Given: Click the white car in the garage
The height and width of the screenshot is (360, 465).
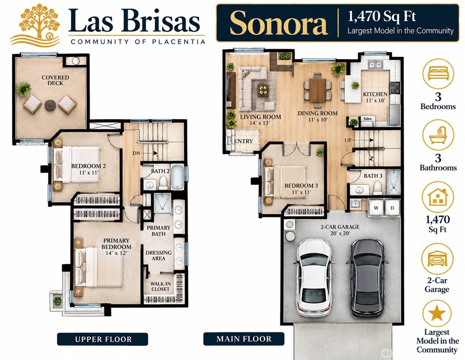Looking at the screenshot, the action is [313, 277].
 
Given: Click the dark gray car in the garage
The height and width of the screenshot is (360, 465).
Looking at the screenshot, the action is [368, 277].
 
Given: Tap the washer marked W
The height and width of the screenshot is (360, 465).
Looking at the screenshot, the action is [376, 207].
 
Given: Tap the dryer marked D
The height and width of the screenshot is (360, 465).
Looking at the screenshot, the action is [392, 207].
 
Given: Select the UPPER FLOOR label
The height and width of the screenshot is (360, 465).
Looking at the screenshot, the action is [103, 339].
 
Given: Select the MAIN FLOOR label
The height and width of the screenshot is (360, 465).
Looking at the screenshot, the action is [244, 339].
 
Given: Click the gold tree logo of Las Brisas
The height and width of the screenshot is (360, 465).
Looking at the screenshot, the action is [36, 25].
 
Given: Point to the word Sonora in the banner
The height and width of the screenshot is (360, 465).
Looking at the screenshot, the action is [278, 23].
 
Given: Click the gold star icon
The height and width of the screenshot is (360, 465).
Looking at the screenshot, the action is [437, 313].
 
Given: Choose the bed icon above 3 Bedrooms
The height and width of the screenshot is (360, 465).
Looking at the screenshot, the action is [438, 73].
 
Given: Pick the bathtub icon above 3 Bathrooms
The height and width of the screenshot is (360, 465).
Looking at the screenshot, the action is [438, 136].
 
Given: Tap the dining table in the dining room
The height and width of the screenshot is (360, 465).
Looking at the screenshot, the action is [317, 90].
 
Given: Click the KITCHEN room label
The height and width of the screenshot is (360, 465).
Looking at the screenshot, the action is [375, 94].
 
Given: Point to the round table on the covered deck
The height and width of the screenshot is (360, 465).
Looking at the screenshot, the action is [50, 105].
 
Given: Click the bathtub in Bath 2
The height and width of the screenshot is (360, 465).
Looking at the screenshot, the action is [177, 177].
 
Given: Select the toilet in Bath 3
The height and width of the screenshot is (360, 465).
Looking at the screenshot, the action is [377, 188].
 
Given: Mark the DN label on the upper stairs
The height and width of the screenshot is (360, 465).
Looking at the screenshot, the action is [136, 154].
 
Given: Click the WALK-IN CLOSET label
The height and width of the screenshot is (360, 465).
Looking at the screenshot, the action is [160, 287].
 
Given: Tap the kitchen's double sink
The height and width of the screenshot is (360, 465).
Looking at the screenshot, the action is [375, 65].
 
